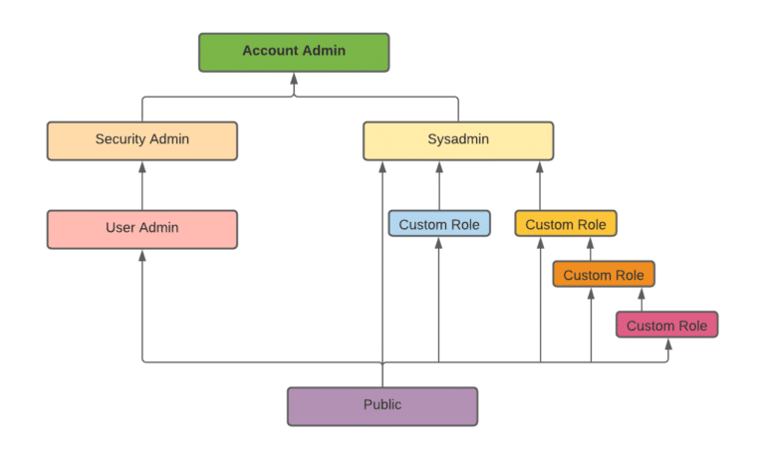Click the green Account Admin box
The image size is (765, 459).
point(294,52)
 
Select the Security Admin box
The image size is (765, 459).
point(142,140)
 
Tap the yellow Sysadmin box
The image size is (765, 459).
point(457,140)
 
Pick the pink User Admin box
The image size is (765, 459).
point(142,229)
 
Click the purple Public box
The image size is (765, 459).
point(382,406)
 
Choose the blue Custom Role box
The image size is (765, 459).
point(439,224)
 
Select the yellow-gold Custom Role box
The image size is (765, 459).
point(566,224)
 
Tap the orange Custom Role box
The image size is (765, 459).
point(604,275)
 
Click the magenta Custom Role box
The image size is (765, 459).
point(666,326)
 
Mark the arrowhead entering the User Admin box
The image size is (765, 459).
point(142,255)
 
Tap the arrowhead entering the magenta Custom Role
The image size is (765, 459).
point(667,344)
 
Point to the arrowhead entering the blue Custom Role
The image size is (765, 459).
point(439,243)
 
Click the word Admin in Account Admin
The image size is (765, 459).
point(322,51)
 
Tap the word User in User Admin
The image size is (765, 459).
point(120,228)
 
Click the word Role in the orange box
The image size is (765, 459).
point(628,275)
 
